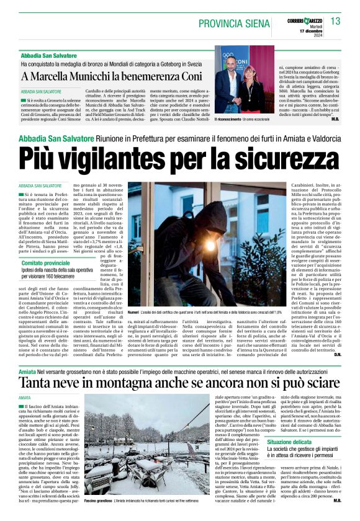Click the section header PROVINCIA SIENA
236,23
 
